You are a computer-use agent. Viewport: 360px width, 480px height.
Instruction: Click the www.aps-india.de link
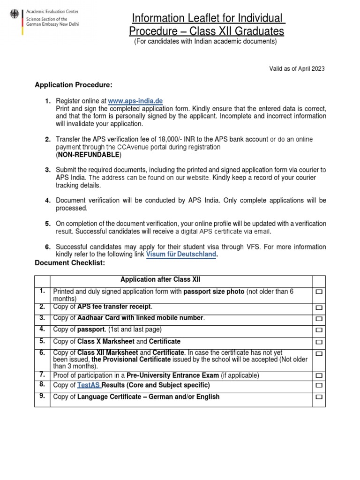pyautogui.click(x=135, y=101)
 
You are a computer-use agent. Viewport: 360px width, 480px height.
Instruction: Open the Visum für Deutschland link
pyautogui.click(x=181, y=254)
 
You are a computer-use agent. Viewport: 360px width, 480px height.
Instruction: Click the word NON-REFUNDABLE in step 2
pyautogui.click(x=88, y=155)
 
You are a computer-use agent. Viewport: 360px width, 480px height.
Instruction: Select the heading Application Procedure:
pyautogui.click(x=74, y=85)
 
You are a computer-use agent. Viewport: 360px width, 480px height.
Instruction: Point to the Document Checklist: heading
pyautogui.click(x=70, y=263)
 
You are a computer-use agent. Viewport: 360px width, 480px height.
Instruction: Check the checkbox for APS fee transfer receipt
pyautogui.click(x=319, y=308)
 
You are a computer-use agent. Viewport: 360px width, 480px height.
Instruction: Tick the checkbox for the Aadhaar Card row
pyautogui.click(x=319, y=319)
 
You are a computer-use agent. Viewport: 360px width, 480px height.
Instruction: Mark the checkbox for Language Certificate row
pyautogui.click(x=319, y=397)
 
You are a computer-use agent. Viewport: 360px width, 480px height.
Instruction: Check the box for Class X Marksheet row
pyautogui.click(x=319, y=342)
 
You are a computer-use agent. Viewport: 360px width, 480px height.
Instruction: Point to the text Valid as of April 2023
pyautogui.click(x=296, y=68)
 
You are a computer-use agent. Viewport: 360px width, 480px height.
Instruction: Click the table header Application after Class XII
pyautogui.click(x=160, y=280)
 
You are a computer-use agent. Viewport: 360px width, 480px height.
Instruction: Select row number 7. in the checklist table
pyautogui.click(x=42, y=375)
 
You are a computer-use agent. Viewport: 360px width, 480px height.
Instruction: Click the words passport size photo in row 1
pyautogui.click(x=214, y=292)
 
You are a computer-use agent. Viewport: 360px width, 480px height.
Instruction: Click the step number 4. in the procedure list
pyautogui.click(x=48, y=201)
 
